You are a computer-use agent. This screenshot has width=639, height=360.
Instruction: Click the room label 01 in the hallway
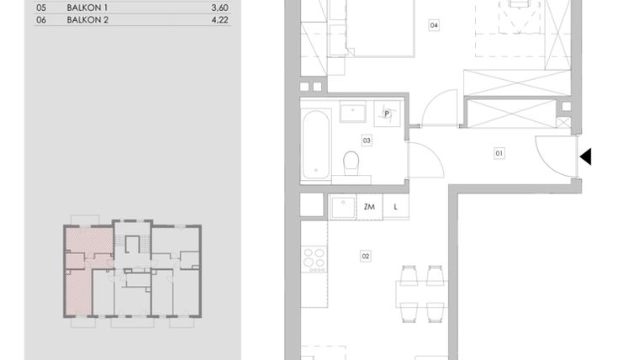499,153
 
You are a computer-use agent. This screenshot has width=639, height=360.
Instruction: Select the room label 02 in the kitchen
366,256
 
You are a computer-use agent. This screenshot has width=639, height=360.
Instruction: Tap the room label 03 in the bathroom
367,140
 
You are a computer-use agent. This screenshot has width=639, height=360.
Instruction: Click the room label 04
434,26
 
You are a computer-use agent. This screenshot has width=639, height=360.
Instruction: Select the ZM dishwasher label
369,207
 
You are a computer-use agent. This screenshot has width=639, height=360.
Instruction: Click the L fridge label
395,207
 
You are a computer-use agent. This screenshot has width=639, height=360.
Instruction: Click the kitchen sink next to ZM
342,207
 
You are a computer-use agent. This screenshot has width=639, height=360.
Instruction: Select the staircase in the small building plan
130,246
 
